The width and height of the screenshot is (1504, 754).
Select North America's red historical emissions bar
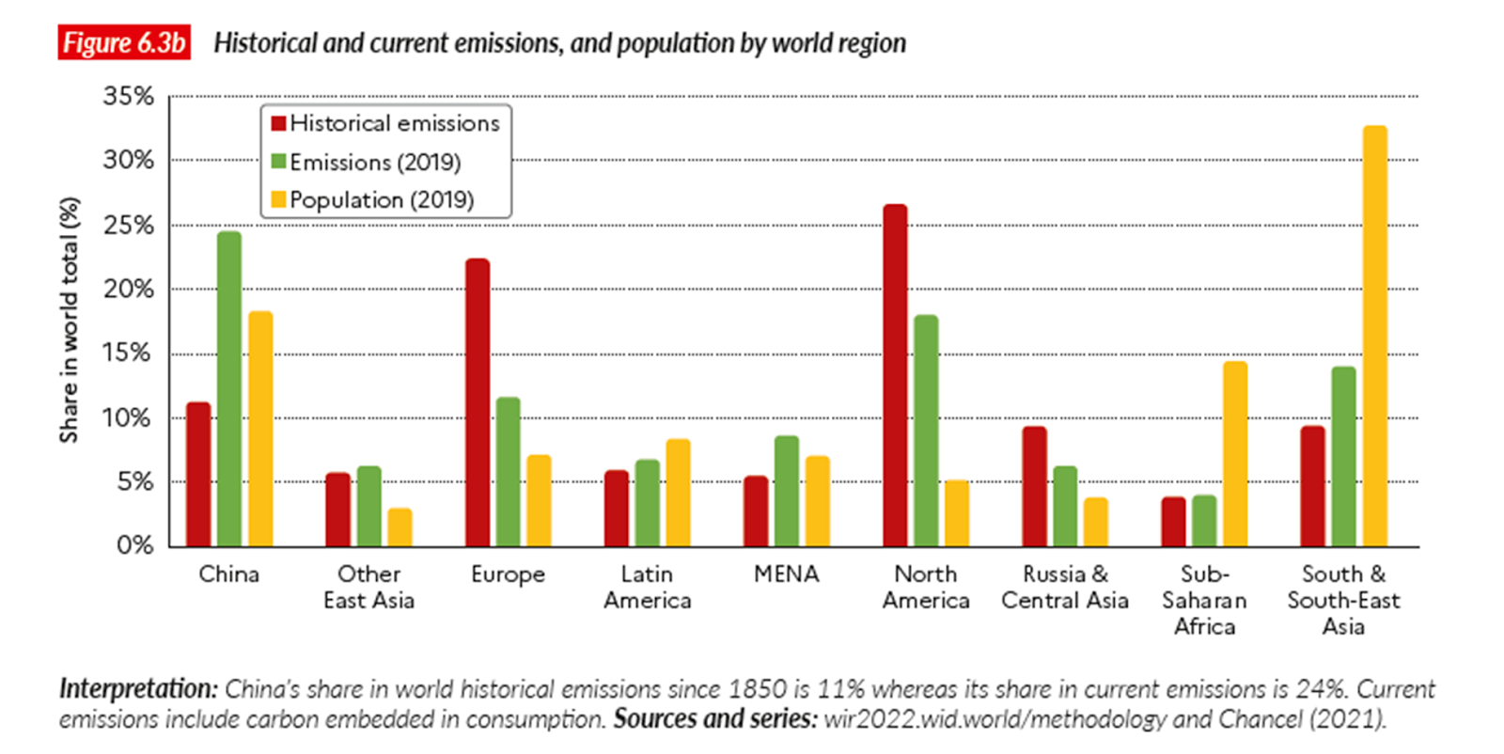click(x=895, y=375)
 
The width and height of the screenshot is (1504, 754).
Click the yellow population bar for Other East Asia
click(x=399, y=526)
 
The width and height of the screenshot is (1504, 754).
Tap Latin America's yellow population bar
click(x=678, y=493)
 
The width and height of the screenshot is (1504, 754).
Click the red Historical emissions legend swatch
click(x=278, y=123)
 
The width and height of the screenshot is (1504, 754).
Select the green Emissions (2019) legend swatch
click(x=278, y=162)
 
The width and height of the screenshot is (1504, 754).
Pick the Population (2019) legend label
click(x=382, y=200)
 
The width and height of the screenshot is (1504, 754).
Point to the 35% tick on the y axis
click(x=129, y=96)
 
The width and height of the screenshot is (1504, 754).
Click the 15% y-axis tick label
click(x=129, y=353)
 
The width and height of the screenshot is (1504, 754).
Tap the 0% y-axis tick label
click(x=135, y=545)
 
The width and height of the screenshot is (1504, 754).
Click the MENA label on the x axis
click(x=787, y=574)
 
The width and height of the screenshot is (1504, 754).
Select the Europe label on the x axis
click(x=508, y=574)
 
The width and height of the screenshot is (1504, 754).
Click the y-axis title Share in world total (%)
click(x=69, y=320)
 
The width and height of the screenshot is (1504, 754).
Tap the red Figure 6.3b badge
click(x=124, y=43)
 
